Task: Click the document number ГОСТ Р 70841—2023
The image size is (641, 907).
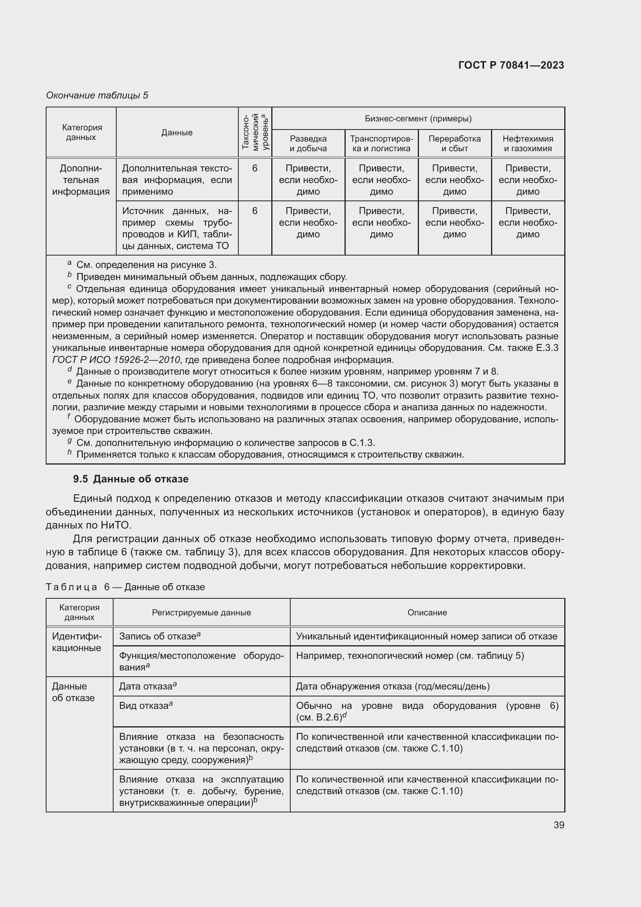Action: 511,65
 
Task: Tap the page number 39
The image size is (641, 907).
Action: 558,825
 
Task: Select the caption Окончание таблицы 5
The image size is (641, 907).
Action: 97,95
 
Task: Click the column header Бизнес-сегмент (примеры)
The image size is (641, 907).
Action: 418,119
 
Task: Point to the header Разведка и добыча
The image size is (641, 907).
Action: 308,143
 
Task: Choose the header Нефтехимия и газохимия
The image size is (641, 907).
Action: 527,143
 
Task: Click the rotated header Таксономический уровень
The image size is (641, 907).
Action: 255,132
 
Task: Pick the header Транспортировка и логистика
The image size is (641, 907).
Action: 381,143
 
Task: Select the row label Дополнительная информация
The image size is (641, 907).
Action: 81,180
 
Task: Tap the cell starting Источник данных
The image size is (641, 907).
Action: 177,228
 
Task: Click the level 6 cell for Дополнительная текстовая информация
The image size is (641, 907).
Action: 255,169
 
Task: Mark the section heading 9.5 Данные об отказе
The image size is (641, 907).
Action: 131,479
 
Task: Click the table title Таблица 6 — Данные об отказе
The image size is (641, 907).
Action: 125,587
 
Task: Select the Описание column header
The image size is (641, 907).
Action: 427,612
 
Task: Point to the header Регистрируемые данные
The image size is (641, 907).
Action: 201,612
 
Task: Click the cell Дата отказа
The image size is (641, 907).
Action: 146,686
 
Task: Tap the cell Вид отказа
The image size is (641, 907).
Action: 144,705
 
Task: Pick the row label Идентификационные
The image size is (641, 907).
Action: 77,642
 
